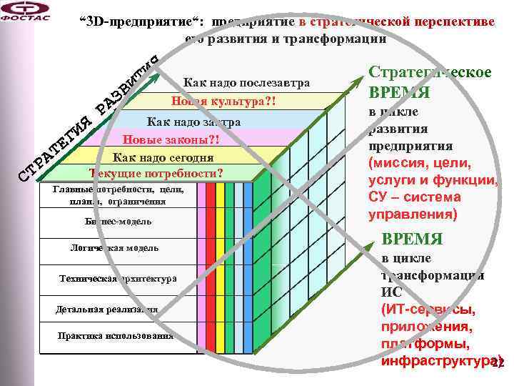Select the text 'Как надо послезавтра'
point(246,83)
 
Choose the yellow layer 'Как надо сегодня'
point(163,157)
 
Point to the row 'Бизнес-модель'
point(115,222)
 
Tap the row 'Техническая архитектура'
point(118,279)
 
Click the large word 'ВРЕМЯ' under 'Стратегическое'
point(399,94)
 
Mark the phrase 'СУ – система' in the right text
point(415,197)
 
